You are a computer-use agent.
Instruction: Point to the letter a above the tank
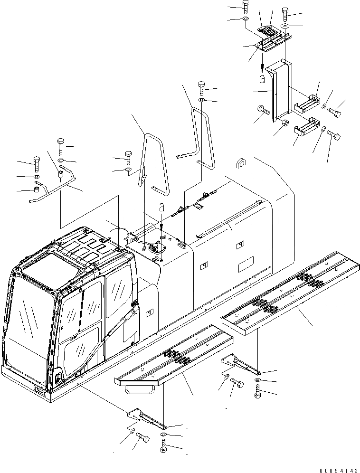[162, 208]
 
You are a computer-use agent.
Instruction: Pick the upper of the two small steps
[307, 103]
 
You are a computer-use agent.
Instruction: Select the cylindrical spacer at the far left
[35, 191]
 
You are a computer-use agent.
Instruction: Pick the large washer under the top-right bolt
[286, 25]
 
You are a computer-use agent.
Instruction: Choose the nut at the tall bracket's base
[285, 123]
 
